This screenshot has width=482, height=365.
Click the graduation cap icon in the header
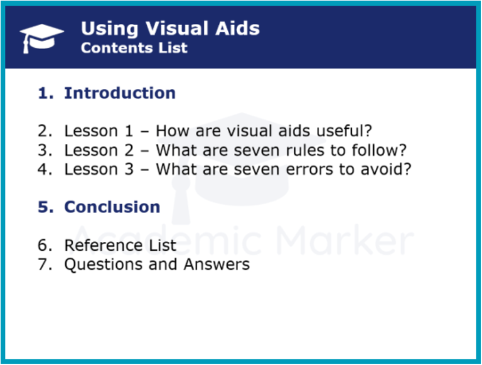pyautogui.click(x=41, y=38)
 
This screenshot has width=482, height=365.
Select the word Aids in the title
pyautogui.click(x=237, y=29)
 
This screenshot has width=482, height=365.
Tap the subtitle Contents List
pyautogui.click(x=134, y=48)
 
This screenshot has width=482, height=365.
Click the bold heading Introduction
pyautogui.click(x=120, y=93)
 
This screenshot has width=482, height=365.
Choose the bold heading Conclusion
pyautogui.click(x=112, y=207)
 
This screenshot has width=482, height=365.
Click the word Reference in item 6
pyautogui.click(x=104, y=245)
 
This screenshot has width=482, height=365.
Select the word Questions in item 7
pyautogui.click(x=104, y=264)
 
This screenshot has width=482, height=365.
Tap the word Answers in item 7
pyautogui.click(x=217, y=264)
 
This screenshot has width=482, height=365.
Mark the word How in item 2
pyautogui.click(x=173, y=131)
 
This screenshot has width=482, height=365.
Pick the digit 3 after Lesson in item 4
pyautogui.click(x=129, y=170)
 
